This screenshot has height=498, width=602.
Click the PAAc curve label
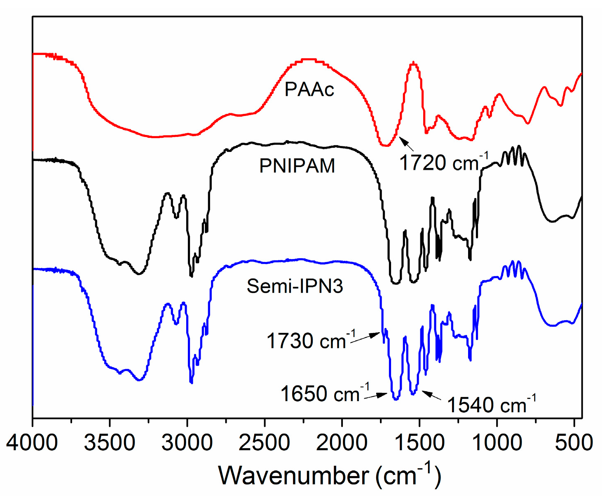click(309, 90)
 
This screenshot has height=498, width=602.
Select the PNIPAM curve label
click(297, 166)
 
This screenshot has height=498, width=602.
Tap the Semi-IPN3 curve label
click(295, 286)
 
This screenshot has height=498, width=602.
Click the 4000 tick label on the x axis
click(32, 443)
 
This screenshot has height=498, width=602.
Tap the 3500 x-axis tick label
click(110, 443)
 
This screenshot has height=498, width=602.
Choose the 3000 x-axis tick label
click(187, 443)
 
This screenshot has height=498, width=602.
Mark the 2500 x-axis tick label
click(265, 443)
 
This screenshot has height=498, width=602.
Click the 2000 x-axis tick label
click(342, 443)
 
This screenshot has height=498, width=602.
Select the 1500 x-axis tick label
click(419, 443)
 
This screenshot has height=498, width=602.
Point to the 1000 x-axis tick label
click(497, 443)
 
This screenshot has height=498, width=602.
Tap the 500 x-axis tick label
click(574, 443)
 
